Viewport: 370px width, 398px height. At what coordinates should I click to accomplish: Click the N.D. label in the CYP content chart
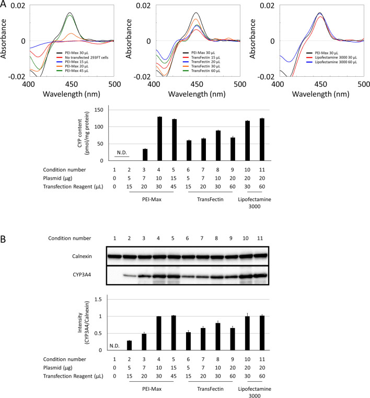point(122,152)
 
